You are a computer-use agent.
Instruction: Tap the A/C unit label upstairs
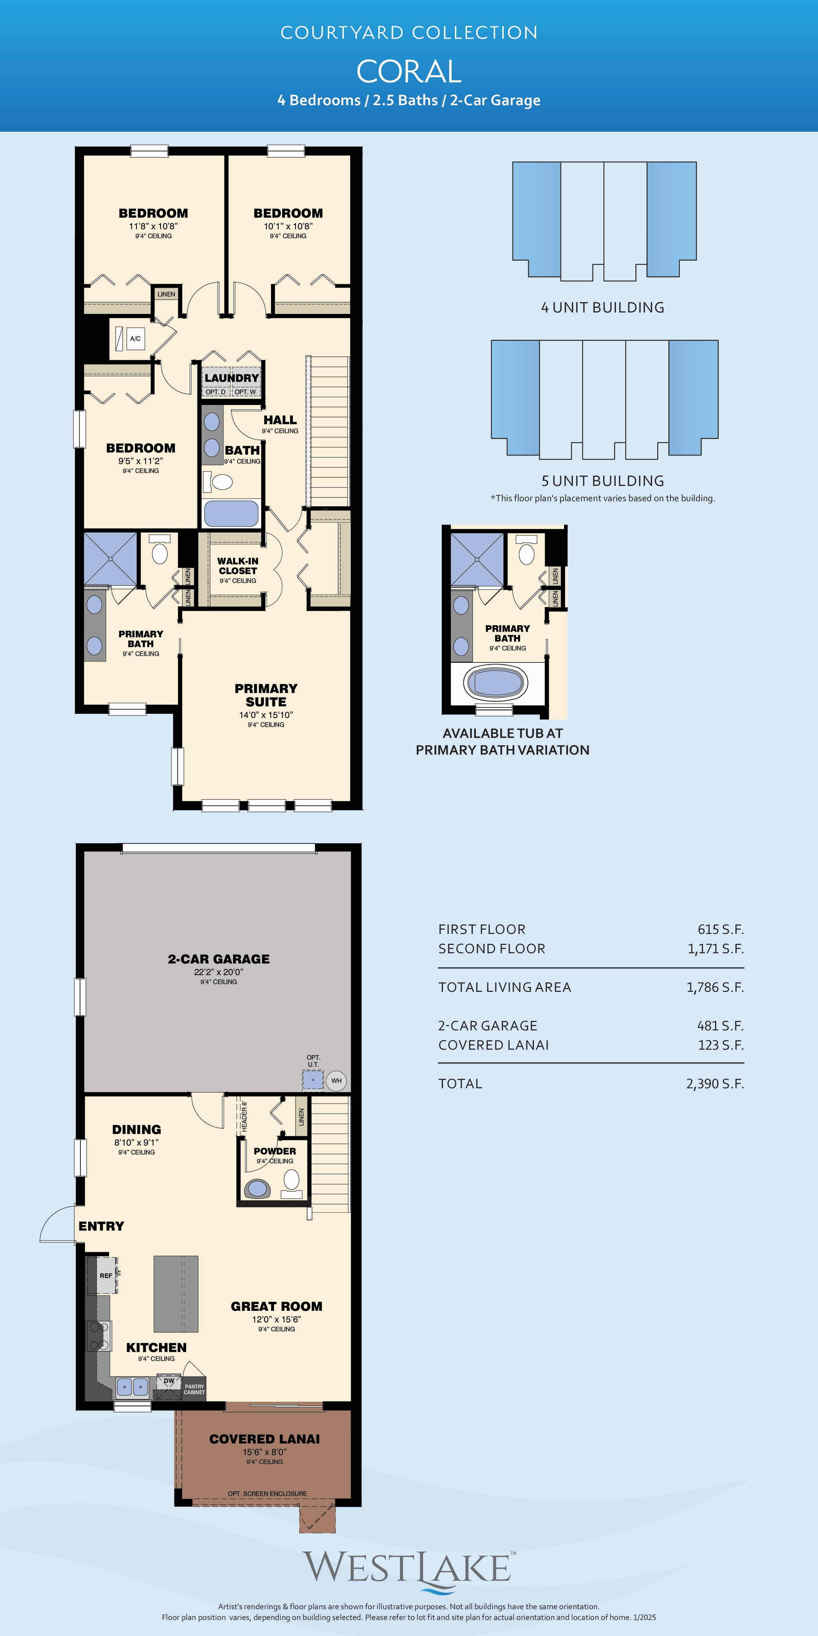(135, 338)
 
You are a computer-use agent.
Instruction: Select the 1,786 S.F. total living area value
(715, 987)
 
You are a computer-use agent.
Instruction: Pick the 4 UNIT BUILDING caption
(603, 307)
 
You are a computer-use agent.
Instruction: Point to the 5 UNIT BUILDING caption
(603, 481)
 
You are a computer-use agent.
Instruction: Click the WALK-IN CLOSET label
(238, 566)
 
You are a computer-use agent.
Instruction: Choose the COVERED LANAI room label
(265, 1439)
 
